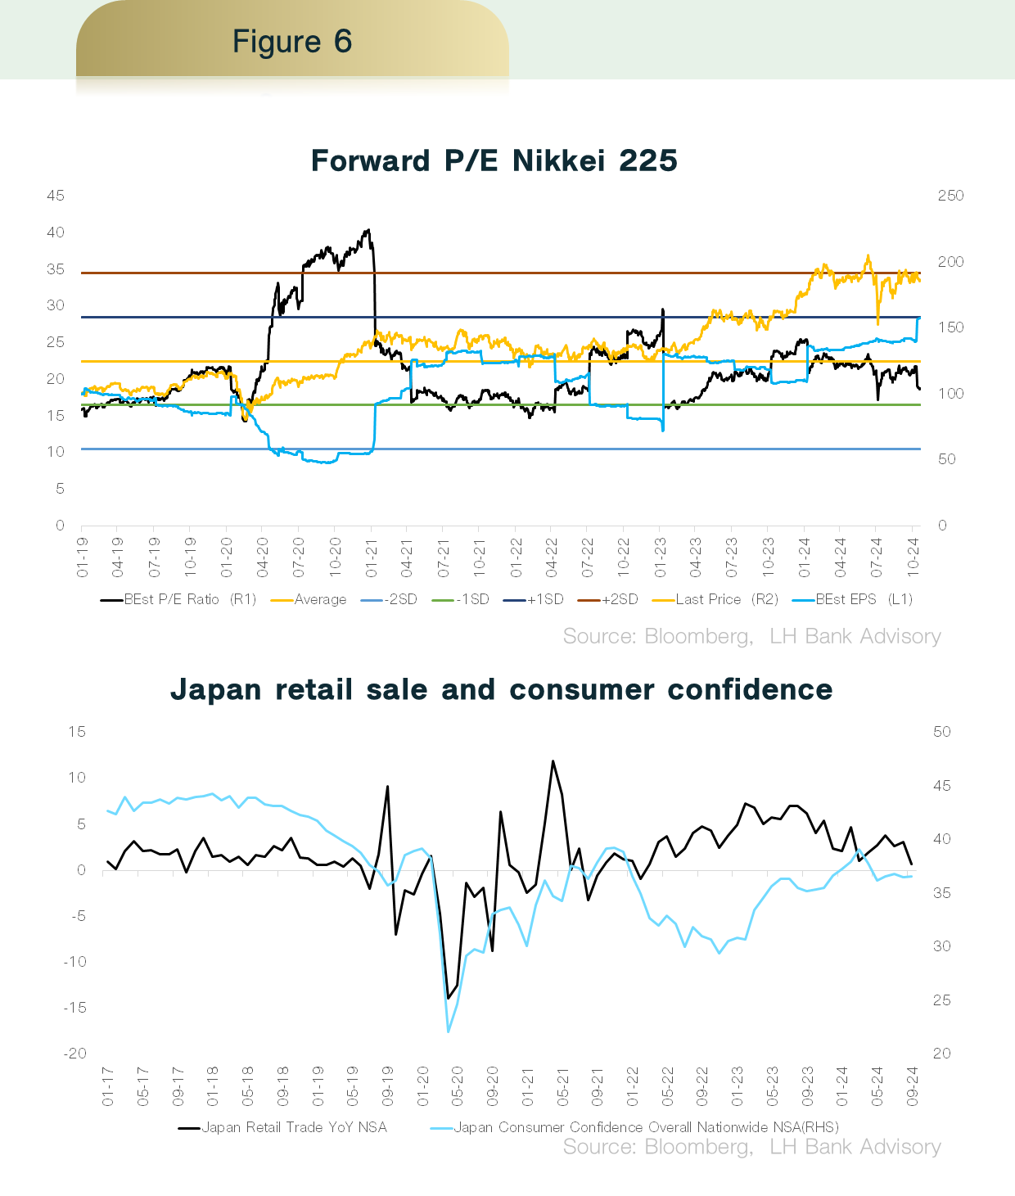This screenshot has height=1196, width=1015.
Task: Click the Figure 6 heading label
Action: click(291, 41)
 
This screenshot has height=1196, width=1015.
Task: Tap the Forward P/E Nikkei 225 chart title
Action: click(494, 160)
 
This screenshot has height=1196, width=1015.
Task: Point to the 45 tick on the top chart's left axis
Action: click(56, 196)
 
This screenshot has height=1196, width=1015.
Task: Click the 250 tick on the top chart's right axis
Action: click(950, 196)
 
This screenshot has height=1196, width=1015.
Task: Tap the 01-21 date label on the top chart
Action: click(372, 557)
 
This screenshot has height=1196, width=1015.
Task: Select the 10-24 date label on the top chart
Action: click(913, 557)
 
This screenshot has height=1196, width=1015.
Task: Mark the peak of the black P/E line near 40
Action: click(368, 230)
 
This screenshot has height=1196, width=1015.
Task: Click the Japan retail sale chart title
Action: click(501, 689)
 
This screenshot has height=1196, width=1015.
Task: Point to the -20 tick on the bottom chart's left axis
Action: click(75, 1054)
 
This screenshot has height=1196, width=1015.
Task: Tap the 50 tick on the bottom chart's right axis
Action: click(942, 732)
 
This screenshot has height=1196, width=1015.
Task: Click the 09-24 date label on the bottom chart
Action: click(912, 1086)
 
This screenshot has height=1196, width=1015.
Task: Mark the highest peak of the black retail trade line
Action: click(553, 761)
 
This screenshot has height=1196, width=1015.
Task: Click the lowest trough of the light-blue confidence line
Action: click(449, 1031)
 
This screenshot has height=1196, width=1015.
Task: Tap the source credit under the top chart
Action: click(751, 636)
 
